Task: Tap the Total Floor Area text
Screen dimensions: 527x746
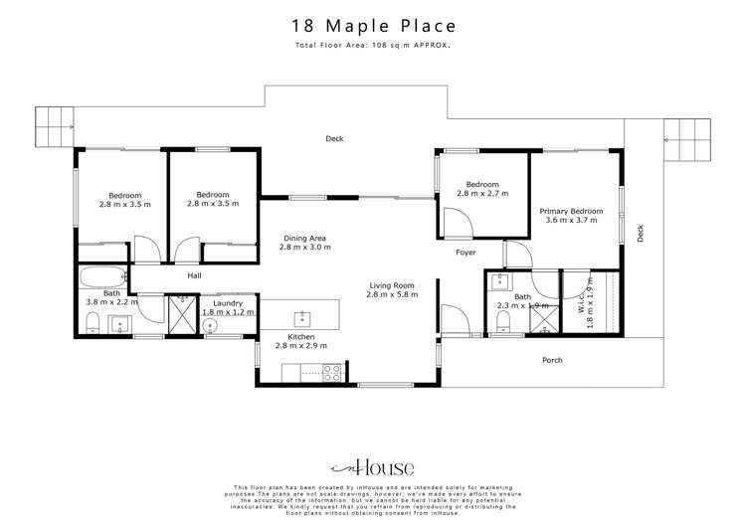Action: pos(372,46)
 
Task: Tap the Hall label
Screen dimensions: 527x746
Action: pos(194,275)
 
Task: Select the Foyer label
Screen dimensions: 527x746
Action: pos(466,253)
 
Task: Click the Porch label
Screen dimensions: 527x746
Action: pos(552,360)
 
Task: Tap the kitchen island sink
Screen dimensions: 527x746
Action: pos(301,318)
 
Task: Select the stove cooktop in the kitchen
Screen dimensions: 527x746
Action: pos(332,374)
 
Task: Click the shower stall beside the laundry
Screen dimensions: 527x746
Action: pos(181,315)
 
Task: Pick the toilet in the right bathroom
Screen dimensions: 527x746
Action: pos(502,320)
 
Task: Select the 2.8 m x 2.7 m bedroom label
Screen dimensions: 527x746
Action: pos(482,189)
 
